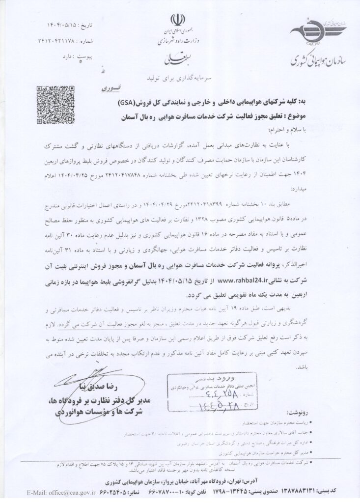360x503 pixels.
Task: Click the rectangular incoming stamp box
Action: tap(201, 393)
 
